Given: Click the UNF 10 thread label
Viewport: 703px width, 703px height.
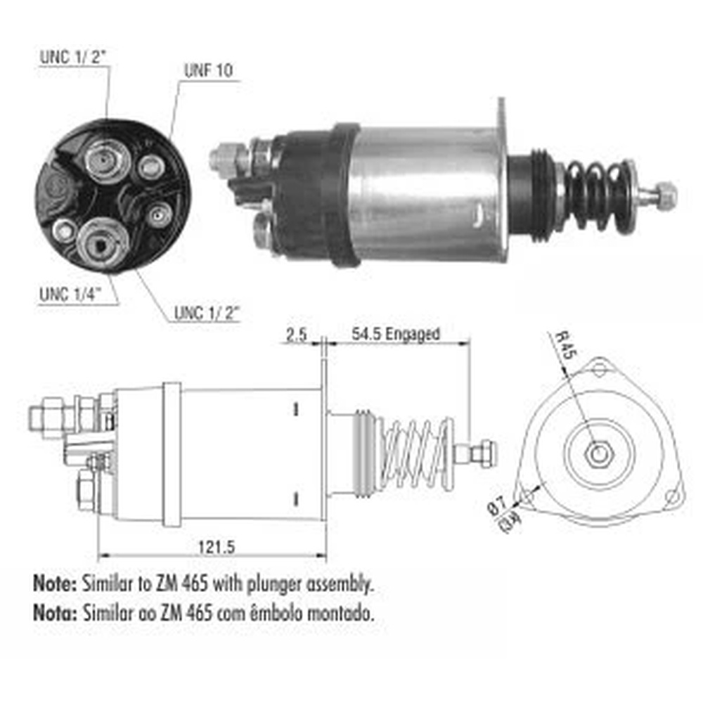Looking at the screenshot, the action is (209, 70).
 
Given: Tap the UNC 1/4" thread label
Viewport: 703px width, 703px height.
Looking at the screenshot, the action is (70, 295).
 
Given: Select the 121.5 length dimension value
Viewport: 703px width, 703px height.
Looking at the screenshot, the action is (217, 547).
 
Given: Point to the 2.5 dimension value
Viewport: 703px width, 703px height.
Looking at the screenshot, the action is (297, 335).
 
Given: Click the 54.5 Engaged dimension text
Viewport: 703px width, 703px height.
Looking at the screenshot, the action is (395, 334).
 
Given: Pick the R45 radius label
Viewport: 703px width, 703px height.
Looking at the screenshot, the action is (565, 345).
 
